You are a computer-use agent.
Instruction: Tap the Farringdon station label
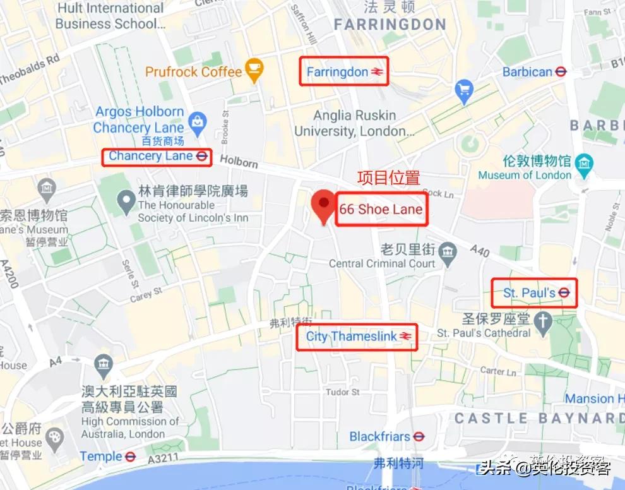tap(337, 72)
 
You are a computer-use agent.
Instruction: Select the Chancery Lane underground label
tap(150, 156)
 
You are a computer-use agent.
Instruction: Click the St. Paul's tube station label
tap(529, 293)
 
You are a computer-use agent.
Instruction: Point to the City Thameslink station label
tap(352, 337)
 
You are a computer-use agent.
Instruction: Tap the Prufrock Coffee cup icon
tap(254, 71)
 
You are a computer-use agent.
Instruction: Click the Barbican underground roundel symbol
tap(561, 72)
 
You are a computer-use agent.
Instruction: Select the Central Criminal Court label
tap(382, 264)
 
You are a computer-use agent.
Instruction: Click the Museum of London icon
tap(585, 162)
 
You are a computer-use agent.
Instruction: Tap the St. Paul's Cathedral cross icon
tap(542, 321)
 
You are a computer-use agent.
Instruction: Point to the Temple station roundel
tap(130, 456)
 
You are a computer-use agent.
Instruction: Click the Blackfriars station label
tap(379, 436)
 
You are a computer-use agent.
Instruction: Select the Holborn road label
tap(239, 162)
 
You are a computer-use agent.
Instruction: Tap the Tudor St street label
tap(342, 392)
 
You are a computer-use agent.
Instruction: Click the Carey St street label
tap(146, 294)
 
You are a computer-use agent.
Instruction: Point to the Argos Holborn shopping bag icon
tap(197, 120)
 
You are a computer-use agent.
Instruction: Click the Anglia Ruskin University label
tap(354, 123)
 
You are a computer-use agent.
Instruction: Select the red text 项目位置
tap(388, 178)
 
